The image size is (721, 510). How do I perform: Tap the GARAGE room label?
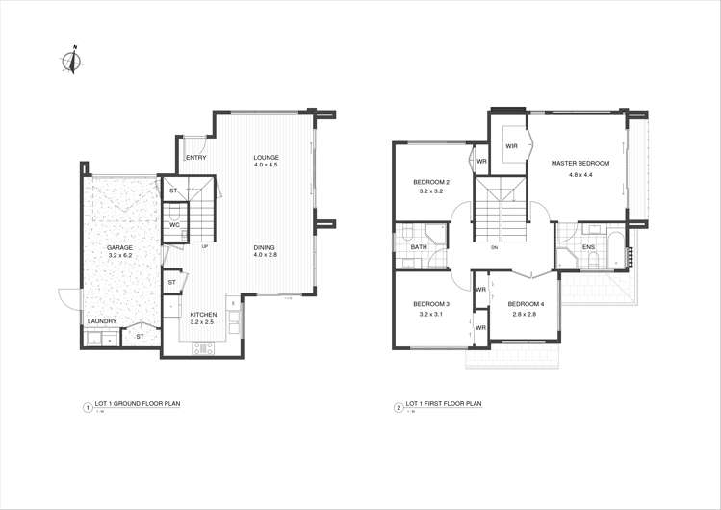(119, 248)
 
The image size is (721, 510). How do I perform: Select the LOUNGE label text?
(266, 157)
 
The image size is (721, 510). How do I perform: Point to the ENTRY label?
(195, 158)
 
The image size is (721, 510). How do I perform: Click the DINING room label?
(265, 248)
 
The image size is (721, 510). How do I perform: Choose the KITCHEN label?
(203, 315)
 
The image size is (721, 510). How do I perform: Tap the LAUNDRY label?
(102, 321)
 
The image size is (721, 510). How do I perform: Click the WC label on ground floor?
(174, 225)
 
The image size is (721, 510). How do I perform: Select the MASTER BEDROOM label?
(580, 164)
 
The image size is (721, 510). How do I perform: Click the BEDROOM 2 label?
(430, 182)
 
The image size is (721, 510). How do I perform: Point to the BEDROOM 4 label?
(526, 304)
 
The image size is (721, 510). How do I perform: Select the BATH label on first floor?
(419, 247)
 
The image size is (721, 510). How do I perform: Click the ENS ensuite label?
(588, 247)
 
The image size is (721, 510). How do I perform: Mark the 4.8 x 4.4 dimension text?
(580, 174)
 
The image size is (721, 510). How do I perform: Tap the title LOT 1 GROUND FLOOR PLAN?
(138, 405)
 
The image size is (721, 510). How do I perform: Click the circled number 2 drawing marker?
(398, 407)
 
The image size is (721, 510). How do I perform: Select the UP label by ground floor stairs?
(205, 247)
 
